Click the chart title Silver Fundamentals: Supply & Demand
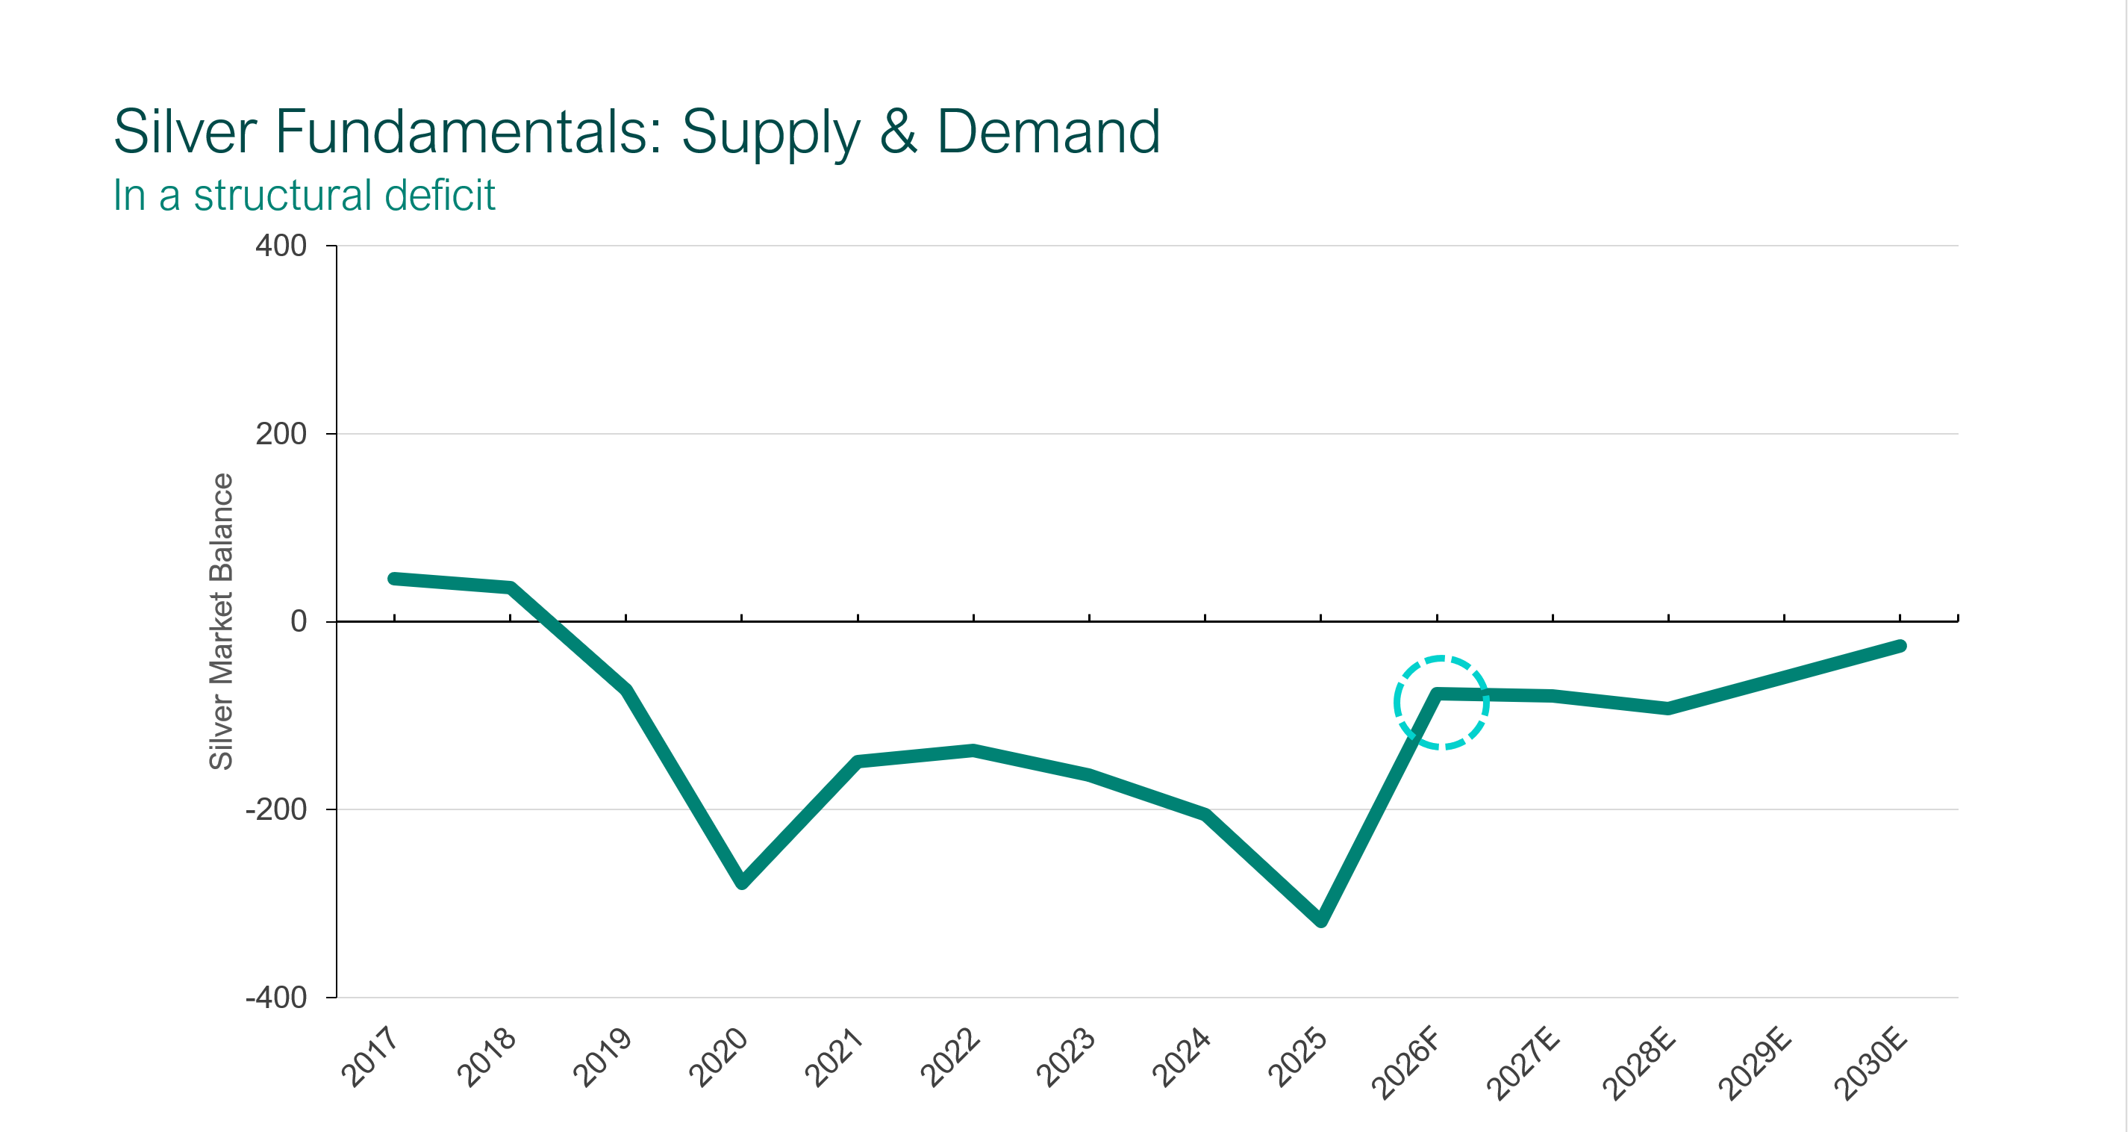coord(636,132)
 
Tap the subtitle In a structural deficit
coord(304,196)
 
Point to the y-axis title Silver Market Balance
coord(222,621)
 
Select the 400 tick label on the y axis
coord(281,246)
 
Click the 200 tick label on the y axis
coord(281,434)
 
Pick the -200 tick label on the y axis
coord(276,809)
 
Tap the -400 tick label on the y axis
coord(276,998)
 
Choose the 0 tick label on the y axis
coord(299,621)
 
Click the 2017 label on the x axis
coord(369,1057)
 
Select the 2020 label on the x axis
coord(717,1057)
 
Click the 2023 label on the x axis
coord(1065,1057)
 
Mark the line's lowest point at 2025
coord(1321,921)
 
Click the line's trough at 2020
coord(742,883)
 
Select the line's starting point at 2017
coord(394,579)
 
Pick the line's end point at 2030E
coord(1900,646)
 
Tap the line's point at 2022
coord(973,750)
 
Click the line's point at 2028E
coord(1668,708)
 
